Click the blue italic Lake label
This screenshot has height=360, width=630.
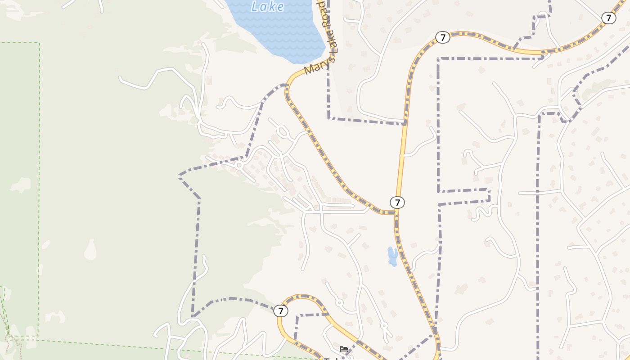coord(268,6)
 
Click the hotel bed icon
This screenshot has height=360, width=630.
coord(344,349)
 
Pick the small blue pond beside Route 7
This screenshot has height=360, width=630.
coord(392,256)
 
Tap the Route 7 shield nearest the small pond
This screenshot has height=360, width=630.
coord(397,202)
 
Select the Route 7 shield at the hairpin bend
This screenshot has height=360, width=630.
coord(281,311)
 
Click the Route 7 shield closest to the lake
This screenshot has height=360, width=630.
coord(443,37)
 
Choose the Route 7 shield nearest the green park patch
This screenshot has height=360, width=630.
coord(609,18)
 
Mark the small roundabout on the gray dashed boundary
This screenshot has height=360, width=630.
coord(239,166)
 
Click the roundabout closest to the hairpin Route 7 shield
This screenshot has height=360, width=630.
coord(340,303)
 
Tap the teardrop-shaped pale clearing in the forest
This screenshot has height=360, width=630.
coord(90,250)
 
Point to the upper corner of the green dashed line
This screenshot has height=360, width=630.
coord(39,43)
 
